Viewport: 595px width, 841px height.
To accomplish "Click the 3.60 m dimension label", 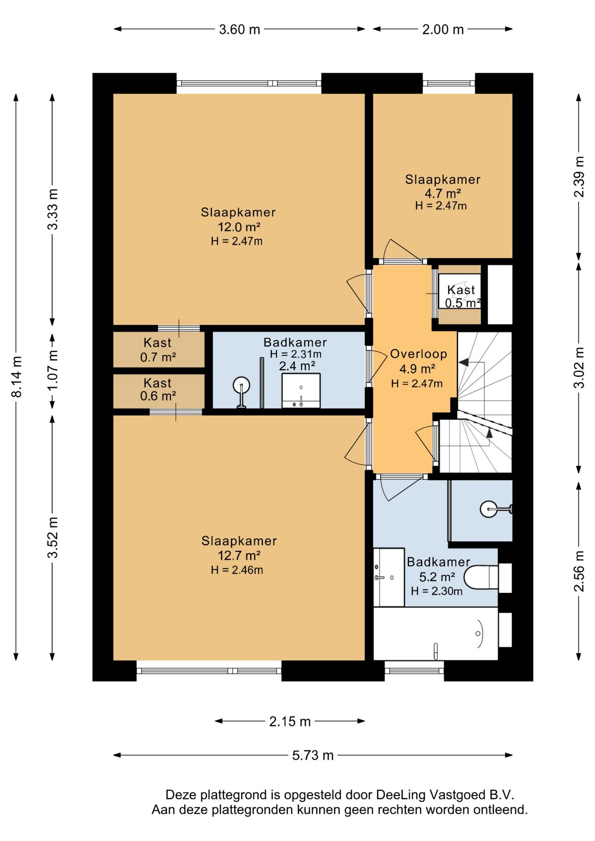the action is pyautogui.click(x=239, y=29).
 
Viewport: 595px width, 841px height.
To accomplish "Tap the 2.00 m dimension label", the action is pyautogui.click(x=443, y=29).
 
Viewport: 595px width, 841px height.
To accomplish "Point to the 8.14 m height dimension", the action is pyautogui.click(x=16, y=376).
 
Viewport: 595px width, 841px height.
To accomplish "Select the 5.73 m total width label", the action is pyautogui.click(x=313, y=755).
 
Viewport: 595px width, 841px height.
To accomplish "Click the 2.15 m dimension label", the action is pyautogui.click(x=290, y=721).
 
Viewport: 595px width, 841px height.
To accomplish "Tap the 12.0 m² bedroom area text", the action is pyautogui.click(x=239, y=227).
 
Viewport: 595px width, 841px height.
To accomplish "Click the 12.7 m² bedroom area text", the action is pyautogui.click(x=239, y=555).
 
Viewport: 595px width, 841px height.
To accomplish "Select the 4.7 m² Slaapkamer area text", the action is pyautogui.click(x=443, y=193).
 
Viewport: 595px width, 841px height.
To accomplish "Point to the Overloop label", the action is pyautogui.click(x=418, y=354).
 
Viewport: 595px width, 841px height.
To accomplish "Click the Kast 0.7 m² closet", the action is pyautogui.click(x=158, y=350).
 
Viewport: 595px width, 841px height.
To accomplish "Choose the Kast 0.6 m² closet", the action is pyautogui.click(x=158, y=390).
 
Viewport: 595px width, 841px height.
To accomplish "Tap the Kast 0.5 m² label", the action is pyautogui.click(x=462, y=297).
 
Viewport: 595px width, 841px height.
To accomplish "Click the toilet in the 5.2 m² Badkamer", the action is pyautogui.click(x=481, y=577).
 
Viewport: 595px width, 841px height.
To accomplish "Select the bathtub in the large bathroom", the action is pyautogui.click(x=436, y=633).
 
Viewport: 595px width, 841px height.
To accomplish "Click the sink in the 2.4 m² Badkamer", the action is pyautogui.click(x=301, y=391).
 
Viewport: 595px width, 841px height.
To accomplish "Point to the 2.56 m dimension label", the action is pyautogui.click(x=579, y=571).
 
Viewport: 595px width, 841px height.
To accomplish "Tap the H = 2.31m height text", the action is pyautogui.click(x=296, y=354).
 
